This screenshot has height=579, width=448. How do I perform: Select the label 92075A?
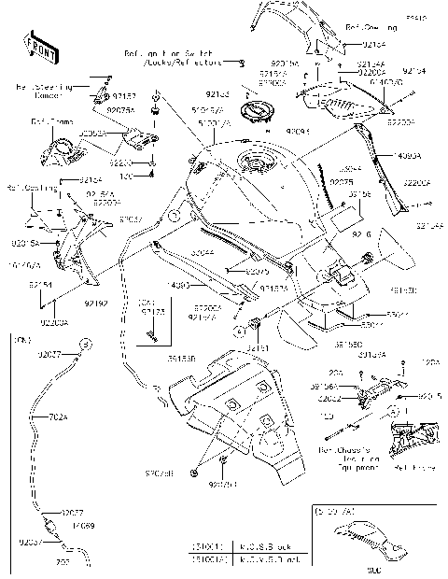[x=120, y=109]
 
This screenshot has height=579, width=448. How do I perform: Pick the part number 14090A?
[x=407, y=157]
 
